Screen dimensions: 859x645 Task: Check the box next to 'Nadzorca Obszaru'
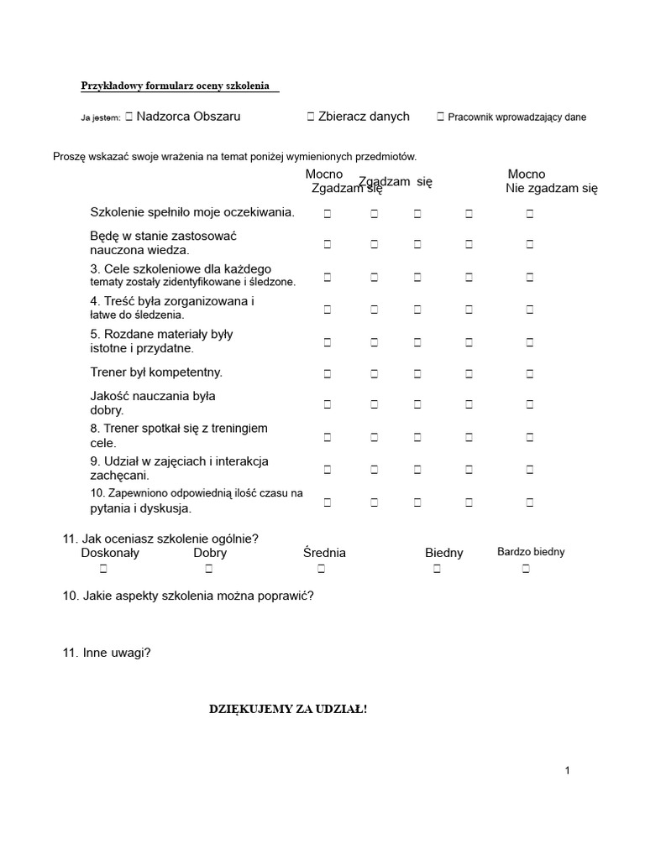coord(128,117)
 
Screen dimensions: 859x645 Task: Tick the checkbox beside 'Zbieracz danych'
coord(311,117)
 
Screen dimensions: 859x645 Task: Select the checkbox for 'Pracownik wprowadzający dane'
coord(441,117)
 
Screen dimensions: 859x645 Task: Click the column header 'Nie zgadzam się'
coord(551,189)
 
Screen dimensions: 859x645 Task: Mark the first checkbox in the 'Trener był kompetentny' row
coord(328,372)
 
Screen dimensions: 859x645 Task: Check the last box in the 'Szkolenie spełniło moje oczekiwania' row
coord(530,214)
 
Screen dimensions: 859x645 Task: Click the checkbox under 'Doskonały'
coord(103,570)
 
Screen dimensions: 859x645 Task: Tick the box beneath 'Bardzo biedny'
coord(526,570)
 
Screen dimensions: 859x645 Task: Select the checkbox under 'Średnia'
coord(321,570)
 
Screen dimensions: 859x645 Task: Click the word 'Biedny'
coord(443,553)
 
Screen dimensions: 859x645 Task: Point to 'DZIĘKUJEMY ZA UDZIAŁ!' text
coord(288,710)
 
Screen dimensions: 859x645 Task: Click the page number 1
coord(568,770)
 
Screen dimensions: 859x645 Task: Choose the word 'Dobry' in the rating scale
coord(210,553)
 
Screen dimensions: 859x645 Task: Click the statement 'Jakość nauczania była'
coord(153,396)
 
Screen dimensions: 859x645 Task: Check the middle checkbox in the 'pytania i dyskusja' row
coord(417,502)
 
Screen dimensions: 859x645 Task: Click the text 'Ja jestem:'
coord(101,118)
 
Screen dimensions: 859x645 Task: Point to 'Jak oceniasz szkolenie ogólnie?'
coord(170,539)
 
